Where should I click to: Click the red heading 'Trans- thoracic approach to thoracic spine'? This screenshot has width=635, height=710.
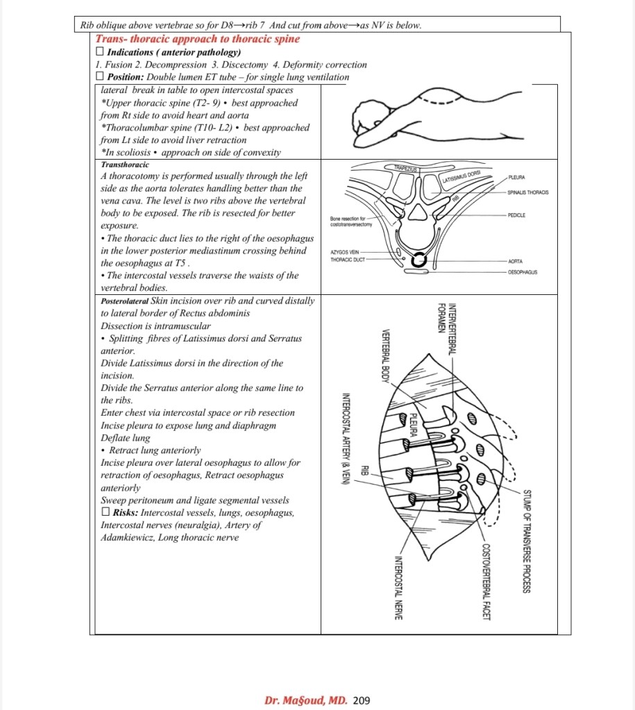pyautogui.click(x=197, y=40)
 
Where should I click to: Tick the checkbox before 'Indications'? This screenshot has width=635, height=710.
pyautogui.click(x=100, y=52)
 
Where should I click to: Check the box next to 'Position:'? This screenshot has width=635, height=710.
pyautogui.click(x=100, y=77)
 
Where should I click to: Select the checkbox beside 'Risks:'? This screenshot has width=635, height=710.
pyautogui.click(x=105, y=513)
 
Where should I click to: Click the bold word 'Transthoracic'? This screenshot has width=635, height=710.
pyautogui.click(x=124, y=165)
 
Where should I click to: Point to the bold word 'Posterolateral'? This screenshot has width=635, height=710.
pyautogui.click(x=124, y=301)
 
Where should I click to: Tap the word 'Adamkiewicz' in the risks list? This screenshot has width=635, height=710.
pyautogui.click(x=128, y=537)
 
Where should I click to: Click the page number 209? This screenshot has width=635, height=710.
pyautogui.click(x=362, y=700)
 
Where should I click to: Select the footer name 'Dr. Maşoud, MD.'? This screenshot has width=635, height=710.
pyautogui.click(x=306, y=700)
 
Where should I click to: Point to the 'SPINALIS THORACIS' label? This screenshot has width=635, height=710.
pyautogui.click(x=528, y=192)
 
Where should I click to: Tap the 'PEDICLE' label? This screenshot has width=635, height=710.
pyautogui.click(x=516, y=216)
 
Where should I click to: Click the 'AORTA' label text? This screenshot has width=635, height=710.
pyautogui.click(x=515, y=262)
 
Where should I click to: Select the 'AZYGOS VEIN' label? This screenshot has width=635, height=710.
pyautogui.click(x=344, y=253)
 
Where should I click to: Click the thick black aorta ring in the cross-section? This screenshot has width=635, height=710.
pyautogui.click(x=419, y=261)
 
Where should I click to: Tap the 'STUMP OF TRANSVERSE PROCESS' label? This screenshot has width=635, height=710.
pyautogui.click(x=527, y=541)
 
